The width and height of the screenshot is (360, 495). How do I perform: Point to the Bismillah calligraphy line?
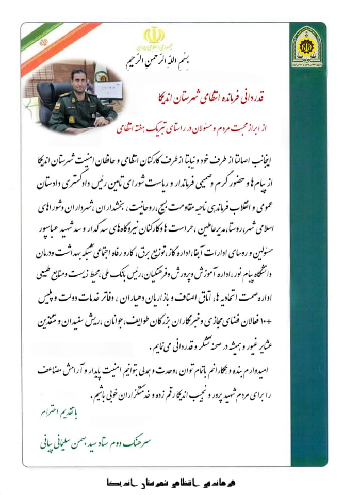154,54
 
